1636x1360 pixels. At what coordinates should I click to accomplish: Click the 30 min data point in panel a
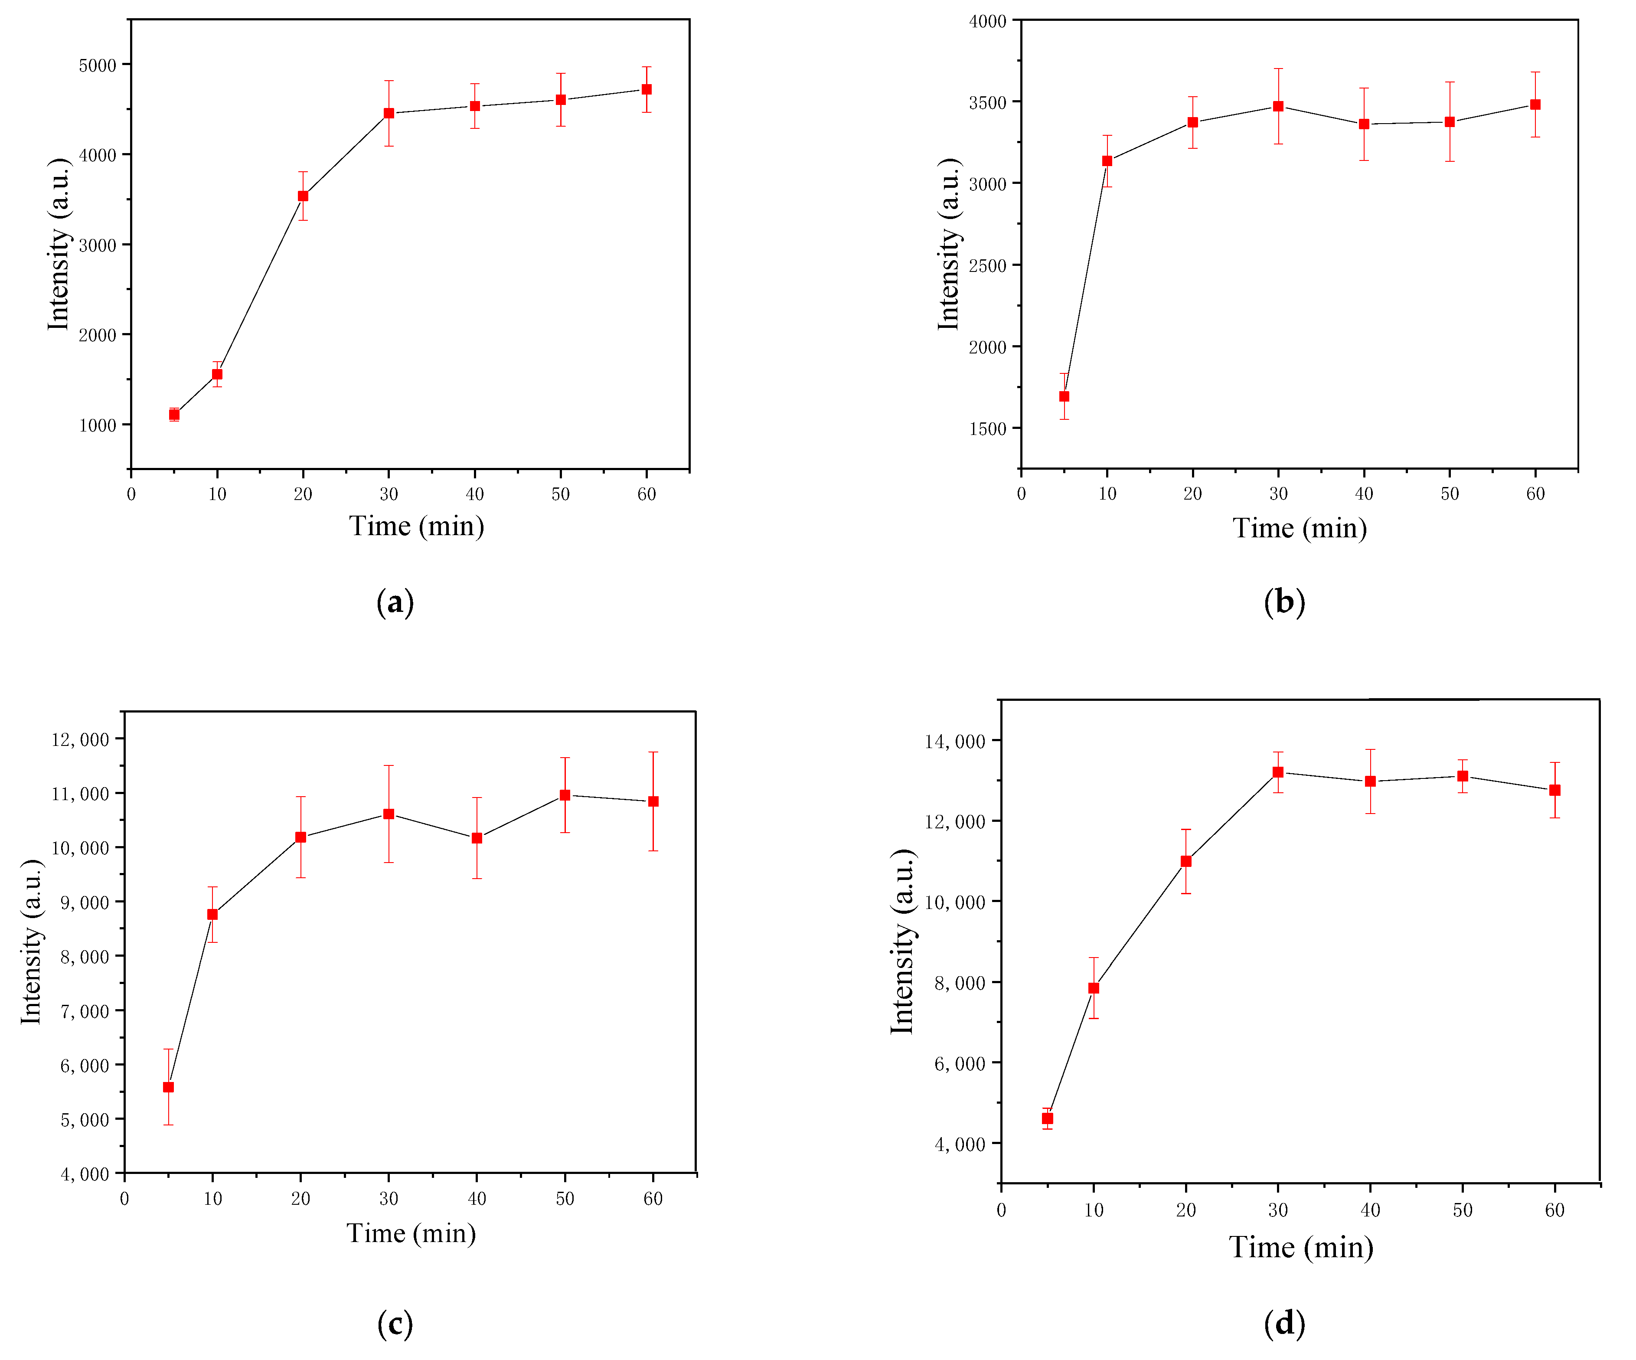[389, 113]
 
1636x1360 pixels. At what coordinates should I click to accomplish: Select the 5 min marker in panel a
[174, 415]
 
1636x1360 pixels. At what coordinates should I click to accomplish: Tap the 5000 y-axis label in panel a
[98, 65]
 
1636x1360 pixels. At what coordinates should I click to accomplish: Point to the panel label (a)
[395, 602]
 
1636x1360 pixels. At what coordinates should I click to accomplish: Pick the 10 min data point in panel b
[1107, 161]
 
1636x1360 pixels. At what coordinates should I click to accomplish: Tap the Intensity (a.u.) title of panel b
[948, 244]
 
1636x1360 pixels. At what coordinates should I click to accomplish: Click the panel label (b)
[1284, 602]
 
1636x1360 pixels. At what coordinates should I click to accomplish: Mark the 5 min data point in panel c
[168, 1087]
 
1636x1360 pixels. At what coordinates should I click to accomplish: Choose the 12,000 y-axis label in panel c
[80, 739]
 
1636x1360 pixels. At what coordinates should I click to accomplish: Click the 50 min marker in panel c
[565, 795]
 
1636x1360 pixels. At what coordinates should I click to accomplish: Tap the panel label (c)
[395, 1324]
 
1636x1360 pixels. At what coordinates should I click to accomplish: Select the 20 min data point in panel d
[1186, 861]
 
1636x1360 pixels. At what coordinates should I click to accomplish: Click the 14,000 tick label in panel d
[954, 741]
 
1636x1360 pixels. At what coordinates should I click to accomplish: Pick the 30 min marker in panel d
[1278, 772]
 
